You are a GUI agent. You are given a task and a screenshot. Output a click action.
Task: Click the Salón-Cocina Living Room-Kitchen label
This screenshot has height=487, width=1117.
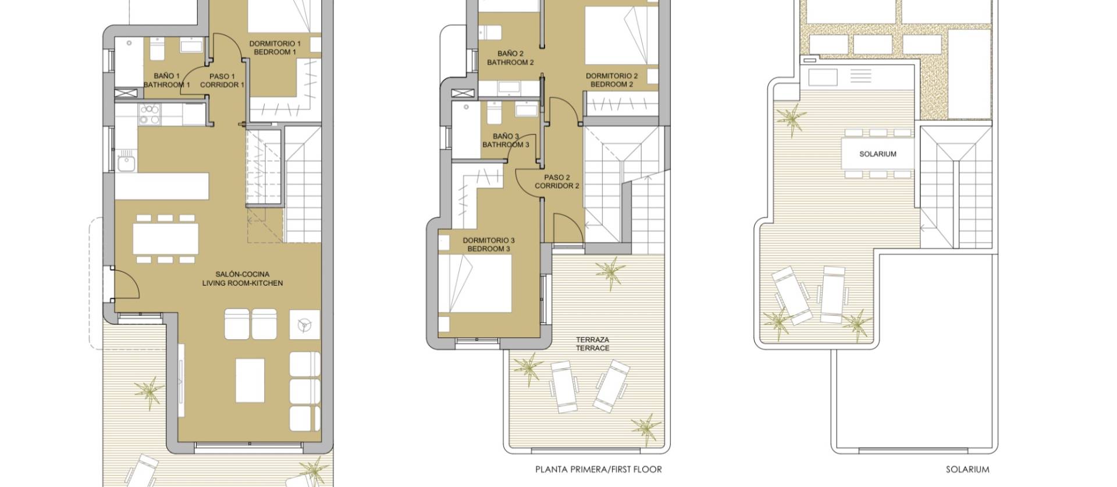pyautogui.click(x=242, y=279)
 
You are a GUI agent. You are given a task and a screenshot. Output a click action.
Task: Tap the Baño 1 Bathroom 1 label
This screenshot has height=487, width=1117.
pyautogui.click(x=166, y=80)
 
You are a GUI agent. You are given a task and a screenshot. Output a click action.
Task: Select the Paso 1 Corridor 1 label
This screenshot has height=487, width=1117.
pyautogui.click(x=222, y=80)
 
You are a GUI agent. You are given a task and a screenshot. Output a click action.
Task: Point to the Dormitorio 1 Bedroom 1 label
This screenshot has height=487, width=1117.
pyautogui.click(x=275, y=48)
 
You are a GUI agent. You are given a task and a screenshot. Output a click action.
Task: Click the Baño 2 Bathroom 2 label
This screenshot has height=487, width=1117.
pyautogui.click(x=510, y=58)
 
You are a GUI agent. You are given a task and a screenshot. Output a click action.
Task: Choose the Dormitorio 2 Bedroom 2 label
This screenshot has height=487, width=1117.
pyautogui.click(x=611, y=80)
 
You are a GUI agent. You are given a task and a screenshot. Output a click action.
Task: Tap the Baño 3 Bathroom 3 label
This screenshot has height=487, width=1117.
pyautogui.click(x=506, y=140)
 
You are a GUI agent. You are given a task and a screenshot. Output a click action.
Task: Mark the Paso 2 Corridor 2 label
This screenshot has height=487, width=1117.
pyautogui.click(x=557, y=182)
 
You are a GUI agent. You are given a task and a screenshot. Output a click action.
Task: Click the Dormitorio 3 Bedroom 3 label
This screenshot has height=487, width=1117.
pyautogui.click(x=489, y=244)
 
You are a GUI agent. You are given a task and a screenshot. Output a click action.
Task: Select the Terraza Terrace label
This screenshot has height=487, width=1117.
pyautogui.click(x=592, y=344)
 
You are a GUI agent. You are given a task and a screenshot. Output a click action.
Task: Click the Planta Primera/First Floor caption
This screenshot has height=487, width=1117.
pyautogui.click(x=598, y=470)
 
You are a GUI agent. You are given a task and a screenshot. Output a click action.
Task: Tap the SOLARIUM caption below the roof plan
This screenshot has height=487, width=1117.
pyautogui.click(x=967, y=470)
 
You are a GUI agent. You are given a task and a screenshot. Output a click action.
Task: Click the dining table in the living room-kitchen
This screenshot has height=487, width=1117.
pyautogui.click(x=165, y=239)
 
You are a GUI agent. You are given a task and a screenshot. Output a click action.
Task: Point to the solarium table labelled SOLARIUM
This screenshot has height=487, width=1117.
pyautogui.click(x=878, y=154)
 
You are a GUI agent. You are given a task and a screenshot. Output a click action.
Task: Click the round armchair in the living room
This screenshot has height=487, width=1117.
pyautogui.click(x=304, y=325)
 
